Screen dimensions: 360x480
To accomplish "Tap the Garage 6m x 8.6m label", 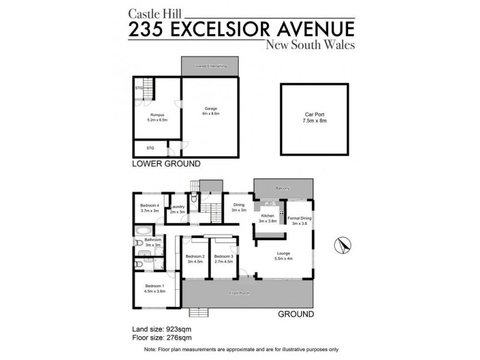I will [x=210, y=111].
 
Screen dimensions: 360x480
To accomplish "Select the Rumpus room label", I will [x=157, y=117].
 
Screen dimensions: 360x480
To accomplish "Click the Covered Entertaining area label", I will [x=209, y=66].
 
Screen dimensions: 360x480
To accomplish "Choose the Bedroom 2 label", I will [x=196, y=259].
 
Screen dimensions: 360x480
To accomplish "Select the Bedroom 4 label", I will [x=149, y=208].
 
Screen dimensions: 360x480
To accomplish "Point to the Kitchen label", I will [x=267, y=218].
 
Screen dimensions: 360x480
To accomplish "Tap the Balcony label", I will [x=283, y=188].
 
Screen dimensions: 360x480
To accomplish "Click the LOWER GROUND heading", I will [x=166, y=163].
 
